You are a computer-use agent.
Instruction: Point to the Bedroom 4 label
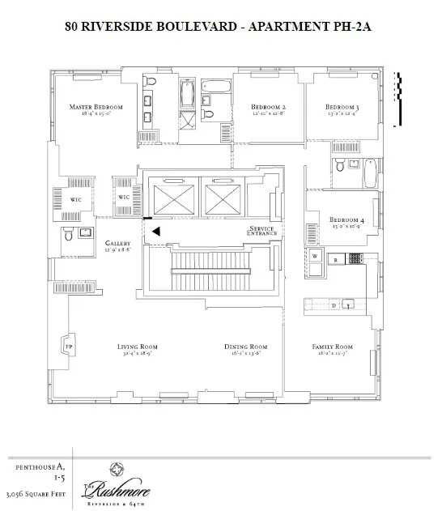coord(346,219)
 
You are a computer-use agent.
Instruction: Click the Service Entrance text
coord(262,232)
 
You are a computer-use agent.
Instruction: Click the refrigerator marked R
coord(335,258)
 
